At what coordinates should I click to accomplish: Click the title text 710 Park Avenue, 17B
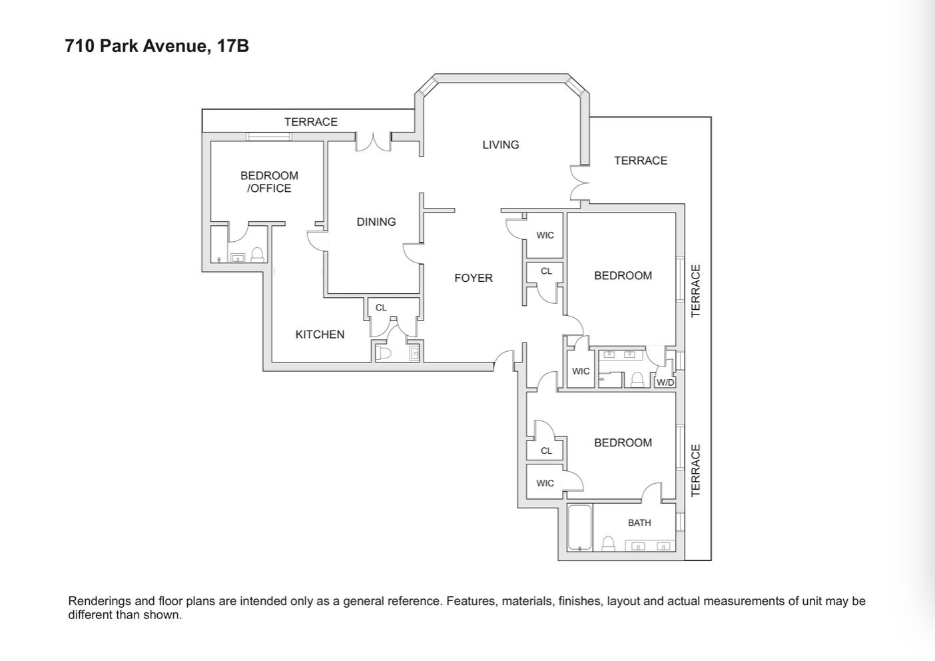click(157, 46)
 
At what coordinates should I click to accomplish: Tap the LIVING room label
click(501, 145)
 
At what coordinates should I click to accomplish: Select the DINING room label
click(376, 222)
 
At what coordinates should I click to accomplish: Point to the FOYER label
click(473, 278)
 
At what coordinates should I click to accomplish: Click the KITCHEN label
click(320, 334)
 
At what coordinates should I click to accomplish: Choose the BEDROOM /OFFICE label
click(269, 182)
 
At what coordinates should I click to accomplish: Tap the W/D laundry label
click(665, 382)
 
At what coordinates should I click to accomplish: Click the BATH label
click(639, 523)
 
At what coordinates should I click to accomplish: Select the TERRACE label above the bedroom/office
click(311, 122)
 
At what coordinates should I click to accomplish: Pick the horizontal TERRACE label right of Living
click(641, 161)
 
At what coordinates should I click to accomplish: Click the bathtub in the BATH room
click(580, 528)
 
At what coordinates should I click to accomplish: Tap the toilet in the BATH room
click(608, 544)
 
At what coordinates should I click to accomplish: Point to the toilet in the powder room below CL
click(384, 352)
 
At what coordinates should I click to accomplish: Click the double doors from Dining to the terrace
click(373, 142)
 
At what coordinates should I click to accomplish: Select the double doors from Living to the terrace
click(579, 183)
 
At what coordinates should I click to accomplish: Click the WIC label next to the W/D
click(581, 371)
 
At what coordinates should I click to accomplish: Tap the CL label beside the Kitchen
click(381, 308)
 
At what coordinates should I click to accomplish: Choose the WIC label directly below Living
click(545, 235)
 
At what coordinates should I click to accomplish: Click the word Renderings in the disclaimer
click(100, 601)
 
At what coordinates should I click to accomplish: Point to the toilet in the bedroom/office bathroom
click(257, 255)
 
